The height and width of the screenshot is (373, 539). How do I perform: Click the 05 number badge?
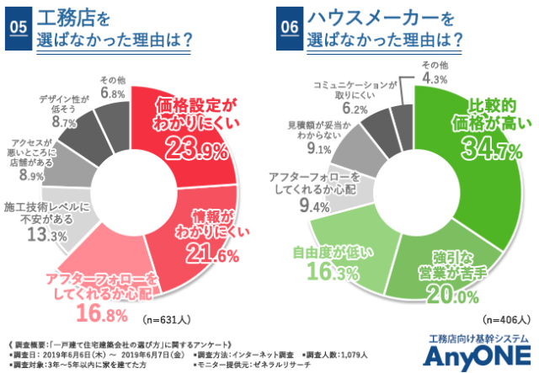coord(17,26)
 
